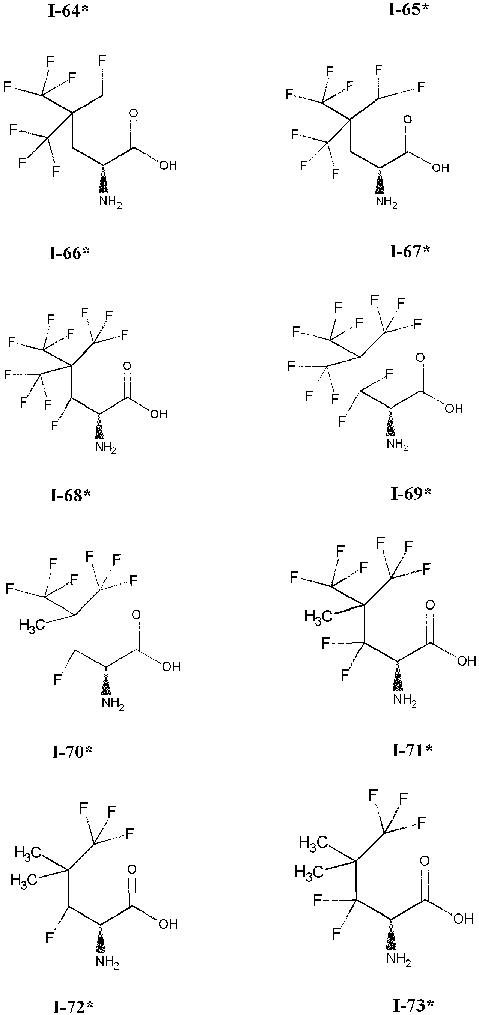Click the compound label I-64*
pos(68,11)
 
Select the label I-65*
pos(408,9)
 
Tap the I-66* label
pos(69,253)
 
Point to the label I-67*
pos(410,251)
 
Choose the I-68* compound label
pos(70,495)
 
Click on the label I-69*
pos(411,493)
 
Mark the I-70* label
pos(72,752)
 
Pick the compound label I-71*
pos(413,750)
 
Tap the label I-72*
pos(73,1007)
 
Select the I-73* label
pos(414,1005)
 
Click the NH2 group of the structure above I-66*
pos(110,202)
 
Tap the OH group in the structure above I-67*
pos(440,168)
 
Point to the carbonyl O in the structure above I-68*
pos(127,366)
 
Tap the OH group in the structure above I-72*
pos(168,924)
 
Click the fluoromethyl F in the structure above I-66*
pos(102,61)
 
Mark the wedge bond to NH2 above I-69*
pos(391,422)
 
